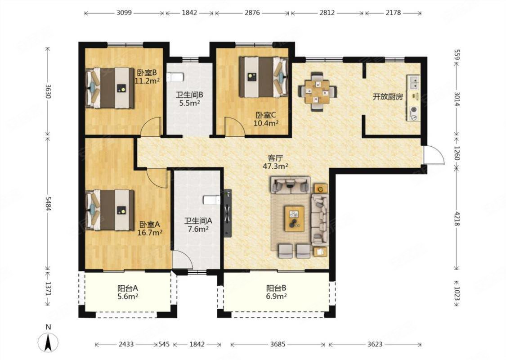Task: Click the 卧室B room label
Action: [147, 72]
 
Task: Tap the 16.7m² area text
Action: [150, 233]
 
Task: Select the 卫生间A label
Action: [198, 221]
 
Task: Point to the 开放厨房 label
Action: [388, 97]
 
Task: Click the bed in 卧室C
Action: [263, 77]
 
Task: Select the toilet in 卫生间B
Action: [175, 77]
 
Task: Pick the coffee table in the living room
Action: [294, 219]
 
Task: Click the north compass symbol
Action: [48, 342]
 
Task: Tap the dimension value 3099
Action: [124, 13]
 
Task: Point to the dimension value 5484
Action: [48, 204]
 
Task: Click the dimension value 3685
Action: [278, 344]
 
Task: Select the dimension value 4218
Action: [457, 218]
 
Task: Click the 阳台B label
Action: [276, 288]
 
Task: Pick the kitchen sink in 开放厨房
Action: [413, 82]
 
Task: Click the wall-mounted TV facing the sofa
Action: [228, 213]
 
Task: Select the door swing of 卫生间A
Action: [182, 260]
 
